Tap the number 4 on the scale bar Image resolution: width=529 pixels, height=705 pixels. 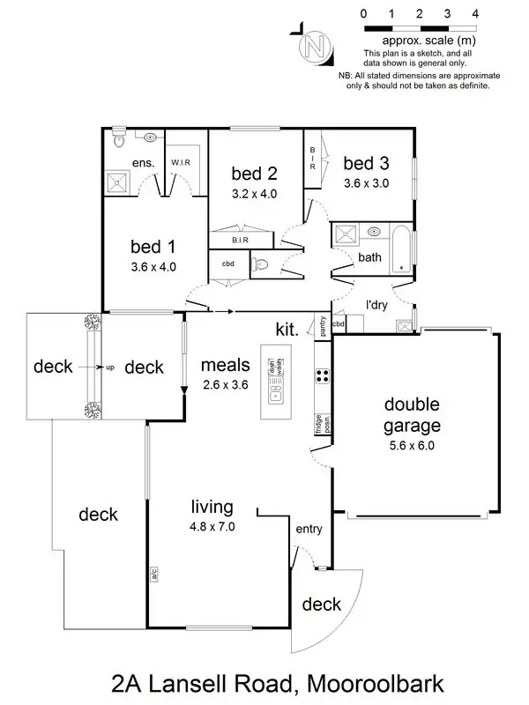point(475,13)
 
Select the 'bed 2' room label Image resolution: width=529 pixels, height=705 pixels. point(255,172)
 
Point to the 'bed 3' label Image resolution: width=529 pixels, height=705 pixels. point(366,163)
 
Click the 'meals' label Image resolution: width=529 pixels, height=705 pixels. point(226,364)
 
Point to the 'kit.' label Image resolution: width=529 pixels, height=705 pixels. point(287,329)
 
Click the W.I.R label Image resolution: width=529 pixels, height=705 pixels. point(182,162)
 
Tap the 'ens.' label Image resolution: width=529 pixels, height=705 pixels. point(143,163)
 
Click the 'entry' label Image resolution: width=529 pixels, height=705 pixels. point(309,529)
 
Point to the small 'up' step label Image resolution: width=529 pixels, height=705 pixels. point(110,367)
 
